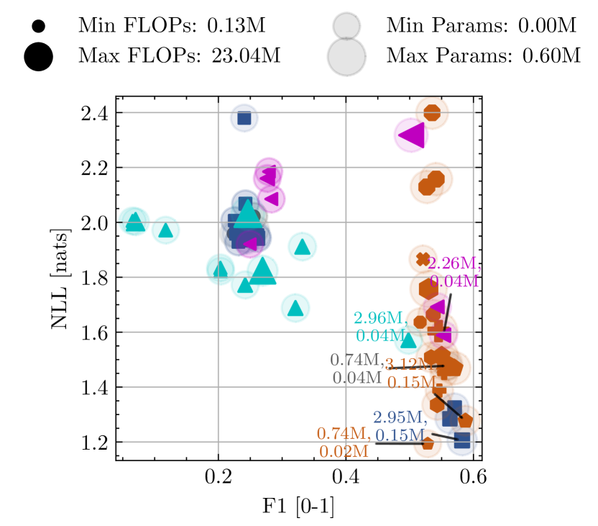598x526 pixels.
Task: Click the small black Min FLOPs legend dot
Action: pyautogui.click(x=39, y=27)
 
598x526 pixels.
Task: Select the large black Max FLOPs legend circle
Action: pyautogui.click(x=39, y=56)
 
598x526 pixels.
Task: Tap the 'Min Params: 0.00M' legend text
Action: pyautogui.click(x=482, y=27)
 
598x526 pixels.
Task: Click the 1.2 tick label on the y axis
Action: pyautogui.click(x=94, y=443)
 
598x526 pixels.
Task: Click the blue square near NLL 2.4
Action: pyautogui.click(x=244, y=118)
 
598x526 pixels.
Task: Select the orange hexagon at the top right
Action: pyautogui.click(x=432, y=112)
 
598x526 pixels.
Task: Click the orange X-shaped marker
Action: pyautogui.click(x=423, y=258)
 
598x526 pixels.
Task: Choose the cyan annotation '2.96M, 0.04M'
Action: pyautogui.click(x=379, y=326)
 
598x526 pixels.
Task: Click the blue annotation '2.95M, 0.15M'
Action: pyautogui.click(x=400, y=426)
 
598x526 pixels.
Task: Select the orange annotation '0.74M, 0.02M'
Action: pyautogui.click(x=344, y=442)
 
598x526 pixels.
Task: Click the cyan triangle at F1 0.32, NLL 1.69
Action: pyautogui.click(x=295, y=308)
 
